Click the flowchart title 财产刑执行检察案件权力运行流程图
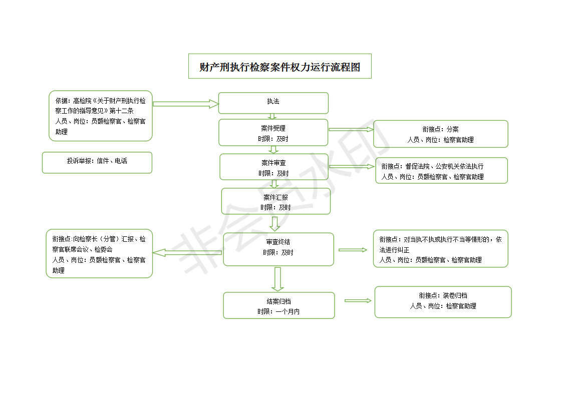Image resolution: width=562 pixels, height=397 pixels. [x=280, y=66]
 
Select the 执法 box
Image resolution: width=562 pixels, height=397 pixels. [x=273, y=103]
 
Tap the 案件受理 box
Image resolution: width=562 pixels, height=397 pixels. [x=273, y=133]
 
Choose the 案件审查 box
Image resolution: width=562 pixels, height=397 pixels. [x=274, y=167]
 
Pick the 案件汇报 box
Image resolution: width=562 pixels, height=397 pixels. [x=276, y=201]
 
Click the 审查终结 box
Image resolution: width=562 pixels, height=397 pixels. [x=278, y=249]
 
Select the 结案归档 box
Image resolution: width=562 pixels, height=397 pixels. [x=279, y=305]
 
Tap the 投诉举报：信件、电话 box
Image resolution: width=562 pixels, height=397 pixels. [x=97, y=163]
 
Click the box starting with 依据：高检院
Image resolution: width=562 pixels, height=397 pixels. [x=101, y=116]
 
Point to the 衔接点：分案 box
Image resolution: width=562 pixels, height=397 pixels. [x=441, y=134]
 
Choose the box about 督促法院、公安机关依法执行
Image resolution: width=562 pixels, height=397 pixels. [x=442, y=171]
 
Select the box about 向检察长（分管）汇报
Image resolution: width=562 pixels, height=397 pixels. [x=99, y=254]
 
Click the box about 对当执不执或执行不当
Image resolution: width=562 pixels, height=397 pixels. [x=441, y=249]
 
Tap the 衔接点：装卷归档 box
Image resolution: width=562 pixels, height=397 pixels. [x=443, y=302]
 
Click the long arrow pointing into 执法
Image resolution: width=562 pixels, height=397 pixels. [x=186, y=104]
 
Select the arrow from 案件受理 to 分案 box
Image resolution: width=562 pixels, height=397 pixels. [x=351, y=129]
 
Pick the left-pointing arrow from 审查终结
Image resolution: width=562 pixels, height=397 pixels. [x=187, y=253]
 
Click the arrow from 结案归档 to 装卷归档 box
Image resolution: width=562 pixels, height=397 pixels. [x=358, y=300]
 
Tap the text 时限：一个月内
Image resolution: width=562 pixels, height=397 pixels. [x=278, y=312]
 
